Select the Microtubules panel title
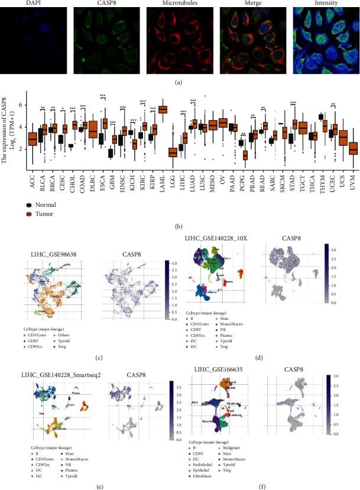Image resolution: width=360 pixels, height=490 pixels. (178, 4)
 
